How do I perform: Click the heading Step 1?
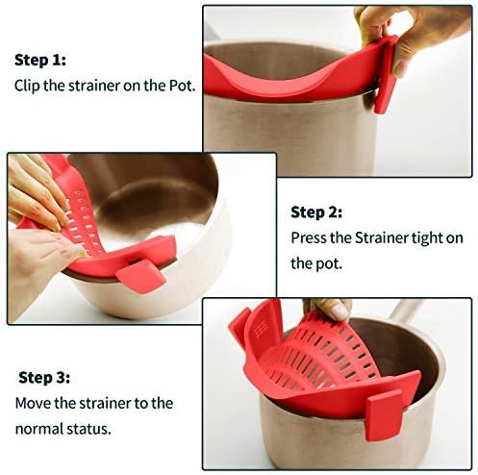(x=40, y=60)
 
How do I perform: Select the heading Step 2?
(x=316, y=212)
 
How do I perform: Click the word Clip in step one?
(x=27, y=85)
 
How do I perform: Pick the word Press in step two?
(x=310, y=237)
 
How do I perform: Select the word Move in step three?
(x=31, y=403)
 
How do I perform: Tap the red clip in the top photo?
(x=387, y=77)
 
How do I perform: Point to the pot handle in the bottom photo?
(x=404, y=316)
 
